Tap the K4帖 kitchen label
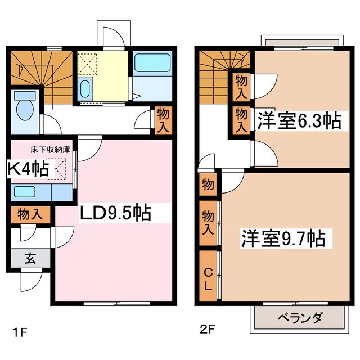28,168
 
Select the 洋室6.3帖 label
299,120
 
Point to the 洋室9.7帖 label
283,238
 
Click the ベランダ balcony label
299,318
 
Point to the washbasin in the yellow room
85,89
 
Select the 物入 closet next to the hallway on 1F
161,119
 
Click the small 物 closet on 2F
208,184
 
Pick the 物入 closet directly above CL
208,222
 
